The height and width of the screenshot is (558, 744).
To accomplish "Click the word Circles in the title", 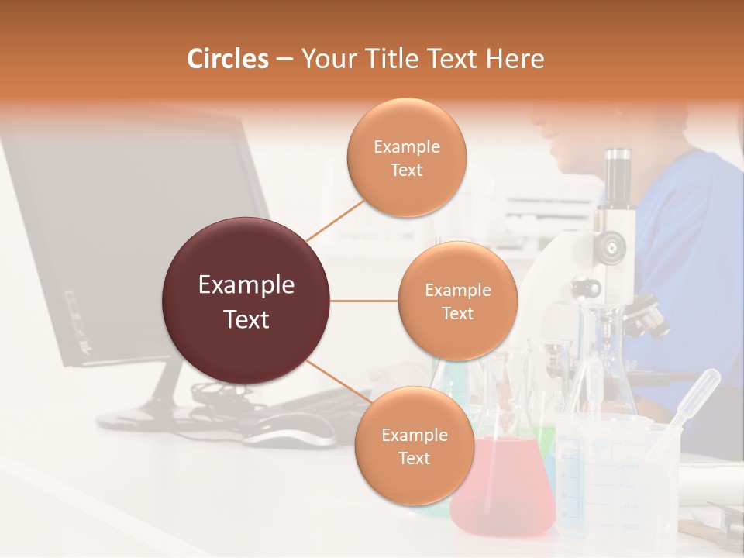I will click(x=227, y=59).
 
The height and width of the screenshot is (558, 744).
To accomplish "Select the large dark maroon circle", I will click(x=246, y=301).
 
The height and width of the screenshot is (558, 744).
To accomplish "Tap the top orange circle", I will click(x=406, y=157).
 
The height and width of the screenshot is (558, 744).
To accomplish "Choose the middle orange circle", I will click(x=457, y=301).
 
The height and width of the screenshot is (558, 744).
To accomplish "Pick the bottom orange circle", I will click(x=414, y=446).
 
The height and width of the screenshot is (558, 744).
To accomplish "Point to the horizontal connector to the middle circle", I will click(x=364, y=301).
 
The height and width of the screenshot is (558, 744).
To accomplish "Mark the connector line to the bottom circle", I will click(x=338, y=382).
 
